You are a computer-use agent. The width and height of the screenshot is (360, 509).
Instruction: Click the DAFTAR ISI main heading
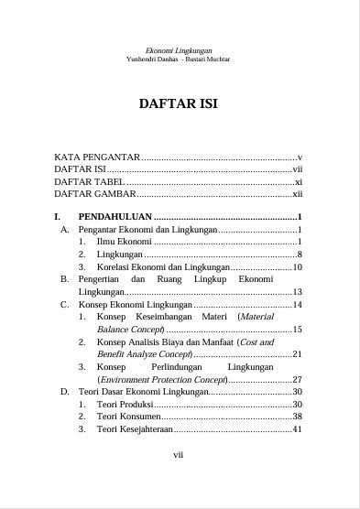pos(179,103)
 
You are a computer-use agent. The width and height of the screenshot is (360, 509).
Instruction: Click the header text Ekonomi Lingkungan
pos(179,50)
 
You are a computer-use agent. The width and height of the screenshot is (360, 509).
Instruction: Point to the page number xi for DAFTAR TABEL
pos(298,182)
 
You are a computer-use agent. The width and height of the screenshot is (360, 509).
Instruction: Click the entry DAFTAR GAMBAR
pos(93,194)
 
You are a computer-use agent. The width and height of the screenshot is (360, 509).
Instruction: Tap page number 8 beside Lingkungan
pos(300,254)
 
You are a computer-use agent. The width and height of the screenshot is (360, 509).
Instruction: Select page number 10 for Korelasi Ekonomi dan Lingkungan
pos(298,266)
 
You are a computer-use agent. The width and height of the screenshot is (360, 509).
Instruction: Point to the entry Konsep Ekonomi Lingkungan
pos(135,304)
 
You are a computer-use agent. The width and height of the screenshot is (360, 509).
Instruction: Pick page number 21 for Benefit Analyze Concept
pos(298,353)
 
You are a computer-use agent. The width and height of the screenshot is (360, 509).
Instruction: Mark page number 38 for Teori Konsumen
pos(298,417)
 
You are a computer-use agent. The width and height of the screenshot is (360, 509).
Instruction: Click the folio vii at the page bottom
pos(179,453)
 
